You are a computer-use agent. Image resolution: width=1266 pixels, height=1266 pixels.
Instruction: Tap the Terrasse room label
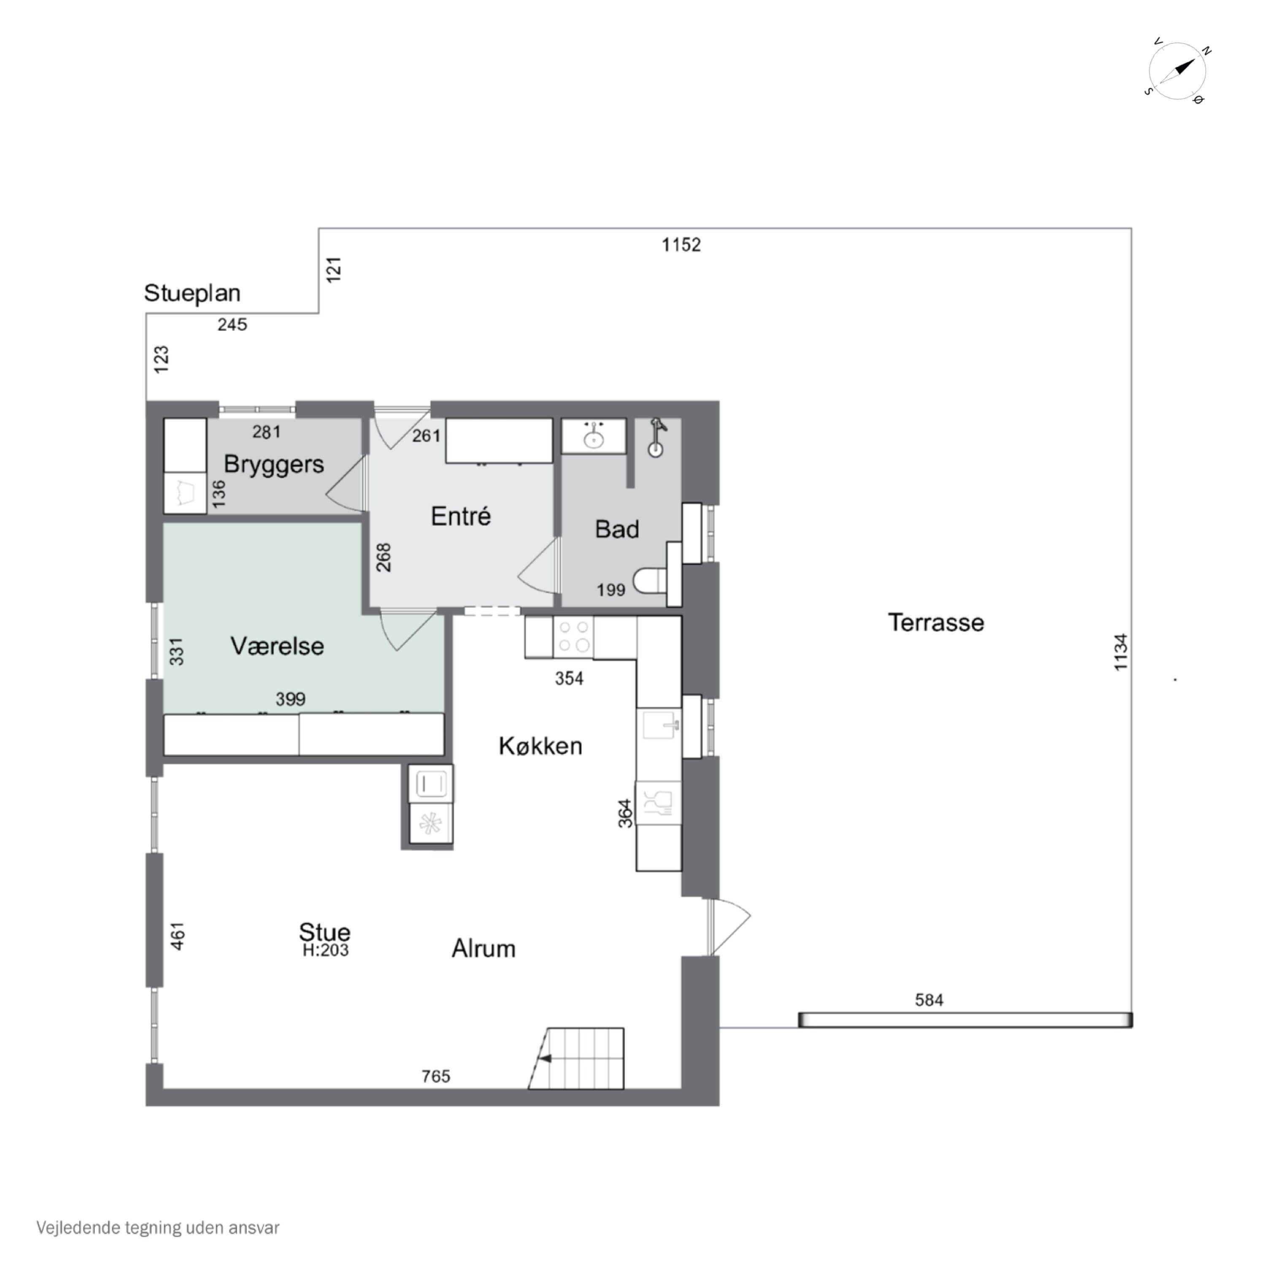(936, 622)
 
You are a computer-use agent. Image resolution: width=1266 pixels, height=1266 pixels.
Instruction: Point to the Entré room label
(461, 517)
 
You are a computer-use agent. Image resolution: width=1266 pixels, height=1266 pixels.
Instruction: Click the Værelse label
(277, 646)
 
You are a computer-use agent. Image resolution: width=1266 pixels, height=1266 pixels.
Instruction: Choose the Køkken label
(541, 746)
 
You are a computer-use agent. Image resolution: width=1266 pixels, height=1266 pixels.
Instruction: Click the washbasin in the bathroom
(594, 436)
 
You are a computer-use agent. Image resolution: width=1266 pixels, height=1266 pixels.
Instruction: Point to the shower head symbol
(656, 438)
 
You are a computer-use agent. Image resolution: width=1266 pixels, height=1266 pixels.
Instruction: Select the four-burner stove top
(573, 637)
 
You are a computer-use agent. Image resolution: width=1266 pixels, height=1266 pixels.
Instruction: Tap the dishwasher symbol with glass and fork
(659, 803)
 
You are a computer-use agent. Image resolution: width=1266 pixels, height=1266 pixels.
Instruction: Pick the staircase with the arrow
(576, 1058)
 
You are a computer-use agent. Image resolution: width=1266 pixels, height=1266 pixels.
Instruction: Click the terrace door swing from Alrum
(729, 927)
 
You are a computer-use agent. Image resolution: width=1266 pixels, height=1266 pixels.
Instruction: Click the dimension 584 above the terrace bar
(929, 1000)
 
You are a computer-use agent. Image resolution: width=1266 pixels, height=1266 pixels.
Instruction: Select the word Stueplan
(192, 293)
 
